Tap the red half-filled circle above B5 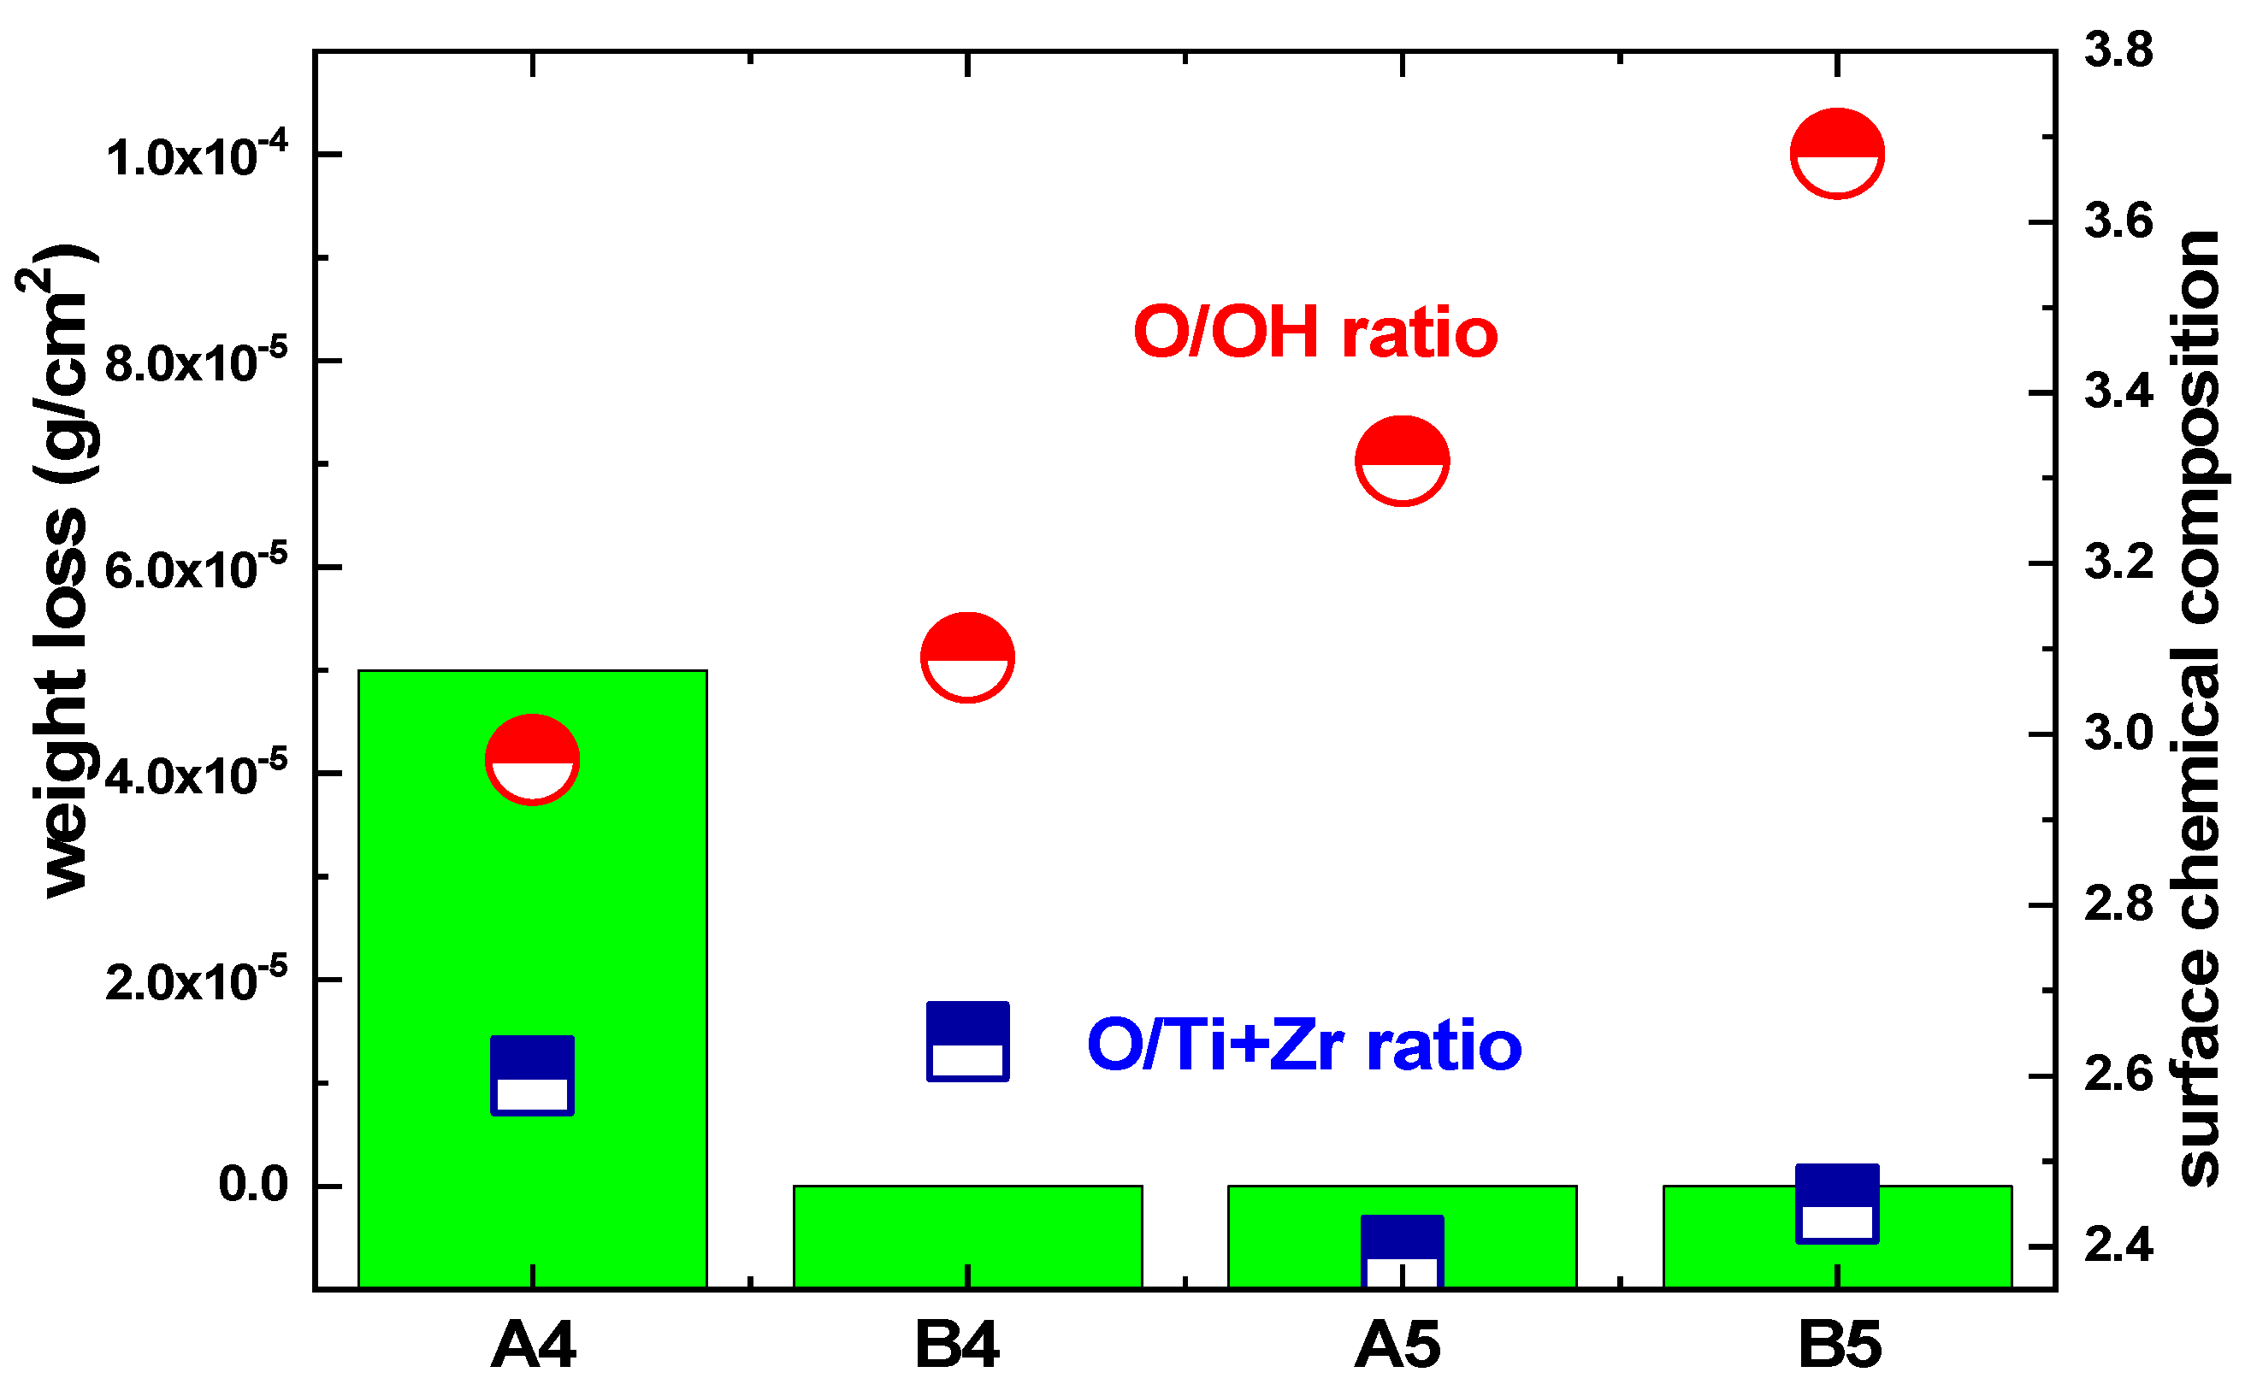click(1837, 154)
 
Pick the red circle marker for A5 click(1402, 461)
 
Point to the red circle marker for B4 click(967, 657)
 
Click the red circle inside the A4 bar click(533, 759)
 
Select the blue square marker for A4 click(533, 1075)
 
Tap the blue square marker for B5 click(1837, 1204)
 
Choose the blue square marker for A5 click(1402, 1252)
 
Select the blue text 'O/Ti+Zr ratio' click(1303, 1045)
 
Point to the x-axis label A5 click(1397, 1346)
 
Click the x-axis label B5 click(1839, 1346)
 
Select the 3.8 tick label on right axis click(2118, 50)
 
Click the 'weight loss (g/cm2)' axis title click(58, 570)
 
